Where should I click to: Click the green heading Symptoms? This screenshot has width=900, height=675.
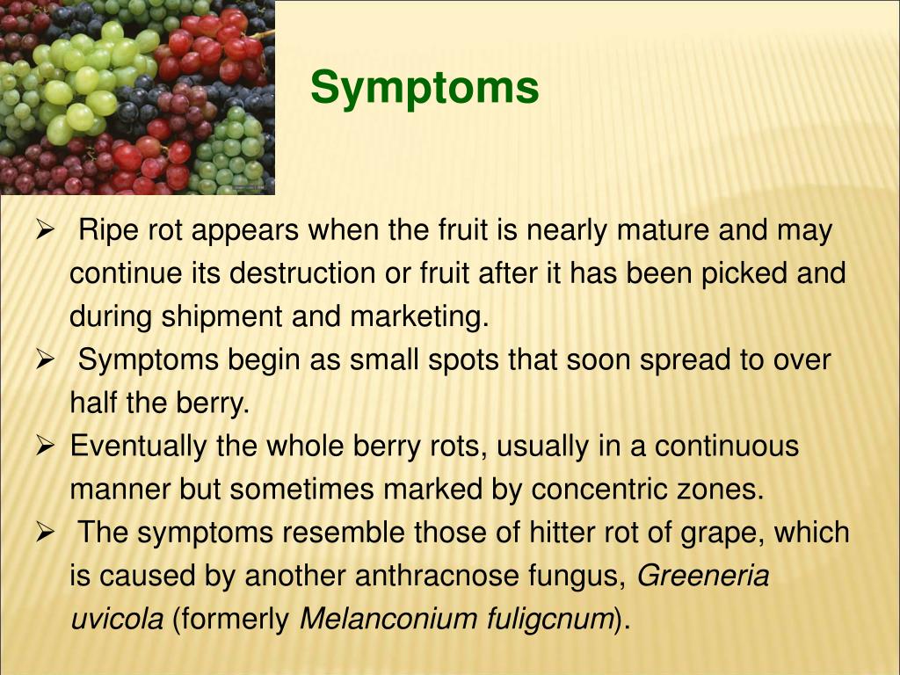coord(425,89)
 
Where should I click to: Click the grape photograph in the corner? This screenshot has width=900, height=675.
coord(137,97)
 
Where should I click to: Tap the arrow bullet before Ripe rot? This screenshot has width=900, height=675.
coord(44,231)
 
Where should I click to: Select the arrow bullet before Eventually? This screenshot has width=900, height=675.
coord(44,446)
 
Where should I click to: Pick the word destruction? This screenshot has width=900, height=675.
coord(302,273)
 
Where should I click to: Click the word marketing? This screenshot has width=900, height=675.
coord(419,316)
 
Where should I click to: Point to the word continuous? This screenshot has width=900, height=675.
coord(727,446)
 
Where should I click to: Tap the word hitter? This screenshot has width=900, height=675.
coord(562,533)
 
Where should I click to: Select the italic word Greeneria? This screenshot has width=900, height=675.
coord(703,577)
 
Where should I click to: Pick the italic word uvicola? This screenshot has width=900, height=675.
coord(117,620)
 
